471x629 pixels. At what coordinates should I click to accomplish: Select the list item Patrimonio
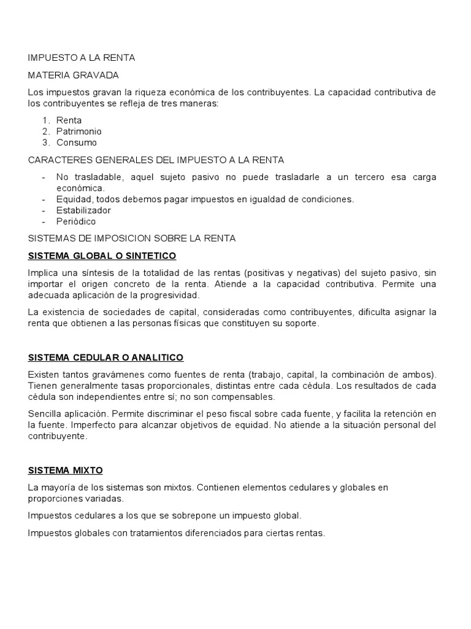coord(79,131)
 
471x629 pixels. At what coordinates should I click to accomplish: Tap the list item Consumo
coord(77,143)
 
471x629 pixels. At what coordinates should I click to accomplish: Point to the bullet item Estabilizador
coord(84,210)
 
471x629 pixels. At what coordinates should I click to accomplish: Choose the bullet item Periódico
coord(76,221)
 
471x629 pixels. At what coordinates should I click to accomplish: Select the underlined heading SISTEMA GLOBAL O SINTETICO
coord(102,255)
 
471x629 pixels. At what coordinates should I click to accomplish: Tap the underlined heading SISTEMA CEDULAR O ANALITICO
coord(105,357)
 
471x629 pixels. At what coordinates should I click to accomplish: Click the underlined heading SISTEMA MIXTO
coord(66,471)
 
